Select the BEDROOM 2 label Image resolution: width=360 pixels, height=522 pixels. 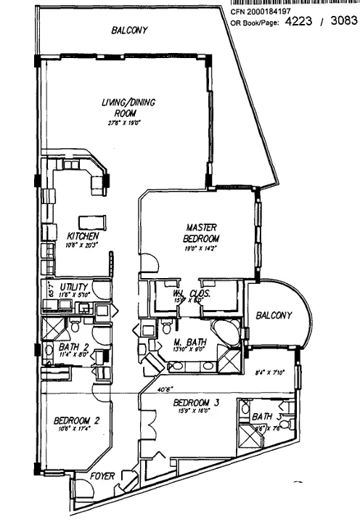[71, 420]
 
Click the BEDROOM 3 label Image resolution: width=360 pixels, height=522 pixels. [196, 403]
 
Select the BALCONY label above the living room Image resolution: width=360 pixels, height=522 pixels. [129, 30]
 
